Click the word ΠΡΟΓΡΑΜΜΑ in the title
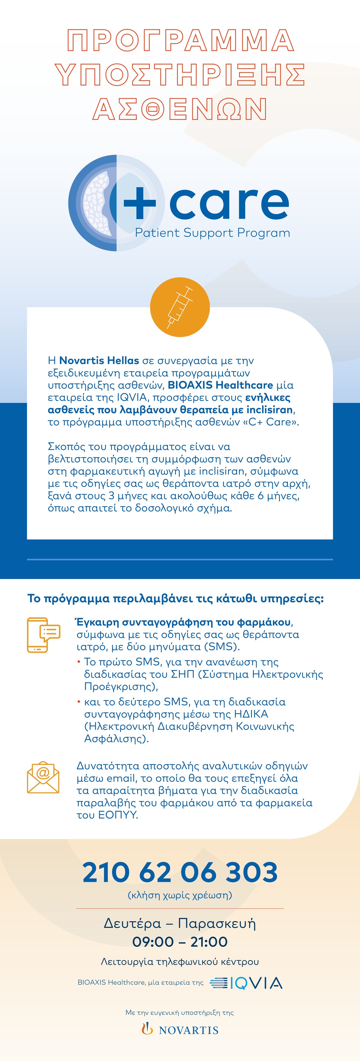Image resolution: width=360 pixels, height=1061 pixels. (x=180, y=40)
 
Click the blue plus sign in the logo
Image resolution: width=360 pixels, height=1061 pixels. (x=139, y=202)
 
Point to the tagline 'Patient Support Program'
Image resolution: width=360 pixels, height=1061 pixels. (x=212, y=233)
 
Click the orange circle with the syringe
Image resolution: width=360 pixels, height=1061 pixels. (x=180, y=307)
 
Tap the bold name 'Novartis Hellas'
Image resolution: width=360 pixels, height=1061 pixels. (x=99, y=360)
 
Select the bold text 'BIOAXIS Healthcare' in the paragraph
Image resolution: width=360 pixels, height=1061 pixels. (x=220, y=385)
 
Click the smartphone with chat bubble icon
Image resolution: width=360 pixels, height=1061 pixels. (x=43, y=635)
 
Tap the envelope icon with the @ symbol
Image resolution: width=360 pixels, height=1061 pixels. (x=43, y=777)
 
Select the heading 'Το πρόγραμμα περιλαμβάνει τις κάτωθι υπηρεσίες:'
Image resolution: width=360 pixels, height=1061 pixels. (x=175, y=598)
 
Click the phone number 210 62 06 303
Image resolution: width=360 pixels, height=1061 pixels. (x=180, y=872)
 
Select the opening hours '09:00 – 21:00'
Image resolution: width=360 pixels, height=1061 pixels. (x=180, y=941)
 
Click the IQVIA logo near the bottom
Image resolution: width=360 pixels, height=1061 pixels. (x=246, y=983)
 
